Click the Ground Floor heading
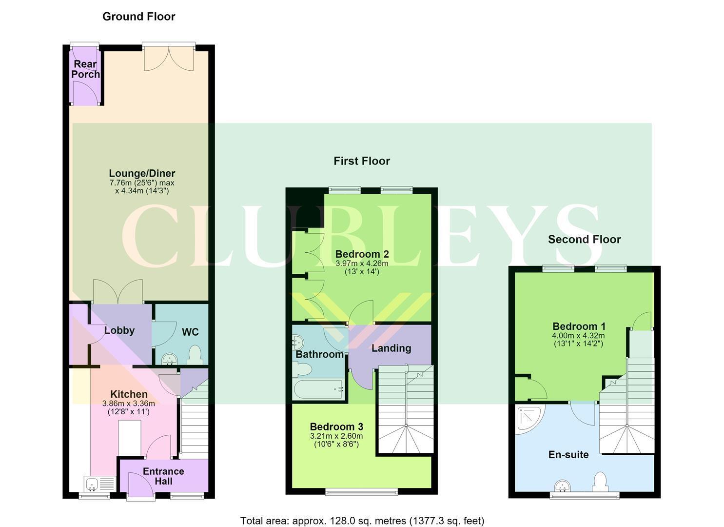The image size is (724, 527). (x=138, y=17)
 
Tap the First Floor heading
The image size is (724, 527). (x=362, y=161)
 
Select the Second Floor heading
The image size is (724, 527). (x=585, y=240)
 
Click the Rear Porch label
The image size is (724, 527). (x=85, y=69)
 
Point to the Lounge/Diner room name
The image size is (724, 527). (x=142, y=173)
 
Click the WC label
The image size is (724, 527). (x=190, y=332)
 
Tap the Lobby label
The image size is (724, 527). (x=119, y=330)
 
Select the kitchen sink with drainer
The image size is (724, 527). (x=100, y=484)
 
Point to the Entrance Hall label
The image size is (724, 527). (x=163, y=476)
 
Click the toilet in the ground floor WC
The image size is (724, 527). (x=195, y=355)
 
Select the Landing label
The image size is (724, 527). (x=391, y=348)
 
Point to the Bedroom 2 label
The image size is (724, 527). (x=362, y=254)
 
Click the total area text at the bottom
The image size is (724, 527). (x=362, y=521)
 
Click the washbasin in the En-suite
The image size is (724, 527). (x=562, y=486)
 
